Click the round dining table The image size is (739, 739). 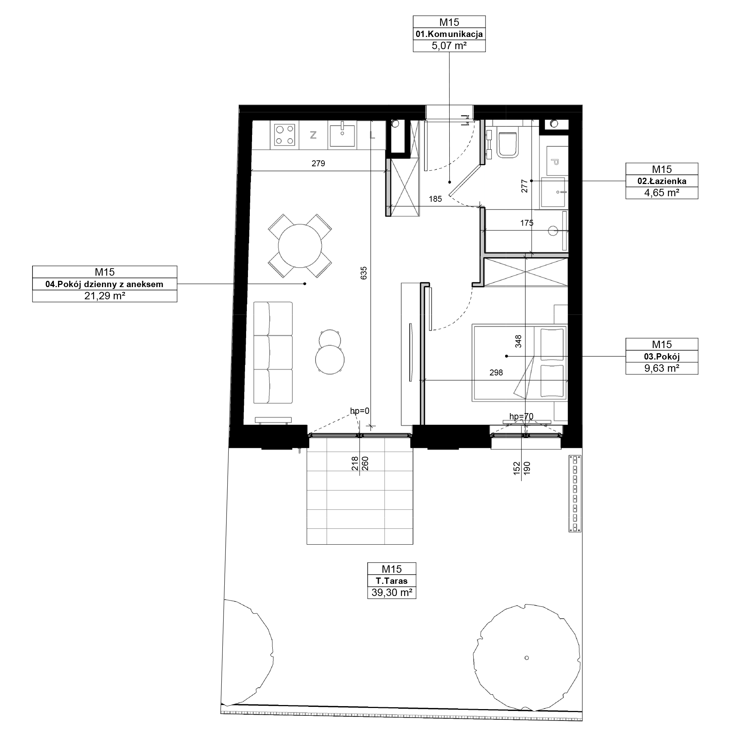coord(300,246)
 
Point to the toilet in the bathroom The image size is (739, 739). coord(508,145)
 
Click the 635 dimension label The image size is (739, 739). coord(363,273)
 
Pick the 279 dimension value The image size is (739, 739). coord(318,164)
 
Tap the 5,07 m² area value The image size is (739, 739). coord(449,46)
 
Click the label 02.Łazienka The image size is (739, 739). coord(662,181)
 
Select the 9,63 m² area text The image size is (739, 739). coord(662,368)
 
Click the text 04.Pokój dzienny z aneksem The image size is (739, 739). coord(105,284)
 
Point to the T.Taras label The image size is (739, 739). coord(392,580)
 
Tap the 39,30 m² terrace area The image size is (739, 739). coord(392,593)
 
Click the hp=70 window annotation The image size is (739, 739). coord(521,416)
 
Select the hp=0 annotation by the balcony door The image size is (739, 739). coord(360,411)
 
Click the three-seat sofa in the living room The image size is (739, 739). coord(273,353)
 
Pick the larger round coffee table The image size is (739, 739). coord(330,360)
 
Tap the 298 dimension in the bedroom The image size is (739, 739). coord(496,372)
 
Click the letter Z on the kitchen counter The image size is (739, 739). coord(313,134)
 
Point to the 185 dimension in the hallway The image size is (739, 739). coord(435,199)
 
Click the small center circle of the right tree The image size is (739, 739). coord(527,658)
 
